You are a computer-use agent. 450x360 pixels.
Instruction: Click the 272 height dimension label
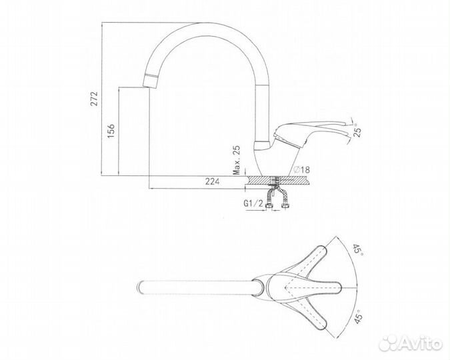[x=95, y=98]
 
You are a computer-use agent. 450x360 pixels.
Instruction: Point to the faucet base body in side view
[x=273, y=157]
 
